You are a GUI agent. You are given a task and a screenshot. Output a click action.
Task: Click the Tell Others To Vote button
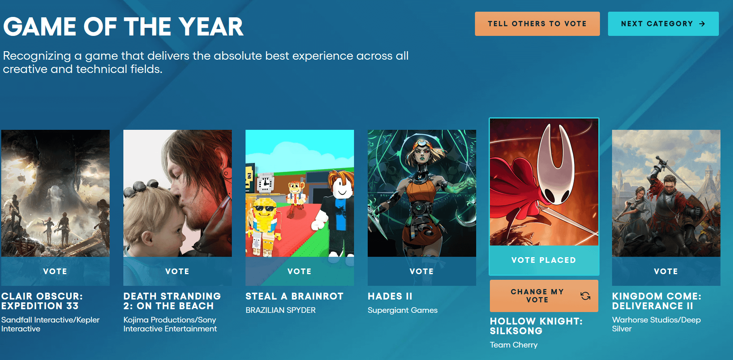click(537, 24)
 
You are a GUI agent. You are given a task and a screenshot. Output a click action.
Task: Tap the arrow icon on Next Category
click(702, 24)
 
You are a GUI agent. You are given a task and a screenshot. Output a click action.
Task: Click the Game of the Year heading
click(123, 27)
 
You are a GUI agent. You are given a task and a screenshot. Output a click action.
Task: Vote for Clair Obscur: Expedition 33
click(55, 271)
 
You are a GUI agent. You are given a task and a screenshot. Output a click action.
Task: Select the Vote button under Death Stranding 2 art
click(177, 271)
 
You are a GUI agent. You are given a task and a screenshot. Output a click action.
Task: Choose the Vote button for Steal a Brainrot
click(300, 271)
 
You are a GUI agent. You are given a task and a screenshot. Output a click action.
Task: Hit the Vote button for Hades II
click(422, 271)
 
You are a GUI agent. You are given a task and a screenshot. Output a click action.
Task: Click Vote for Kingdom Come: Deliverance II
click(666, 271)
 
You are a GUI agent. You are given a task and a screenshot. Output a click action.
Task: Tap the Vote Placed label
click(544, 260)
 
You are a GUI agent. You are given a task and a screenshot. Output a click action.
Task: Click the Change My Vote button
click(544, 296)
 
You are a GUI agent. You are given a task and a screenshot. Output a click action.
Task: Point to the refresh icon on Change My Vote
click(585, 296)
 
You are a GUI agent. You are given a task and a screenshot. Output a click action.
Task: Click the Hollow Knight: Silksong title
click(536, 326)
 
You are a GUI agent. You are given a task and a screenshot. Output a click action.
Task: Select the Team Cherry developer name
click(514, 345)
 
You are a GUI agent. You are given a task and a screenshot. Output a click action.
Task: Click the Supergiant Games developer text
click(402, 310)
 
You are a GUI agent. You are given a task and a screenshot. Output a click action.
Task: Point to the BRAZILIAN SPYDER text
click(281, 310)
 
